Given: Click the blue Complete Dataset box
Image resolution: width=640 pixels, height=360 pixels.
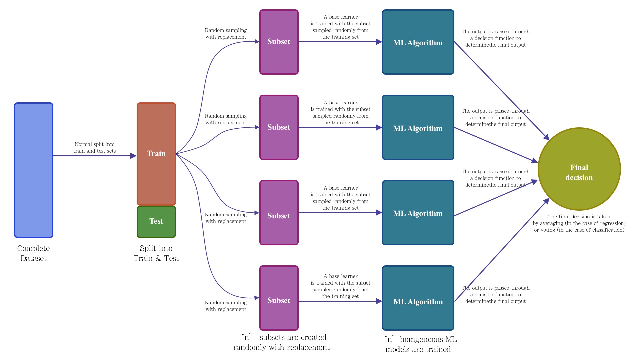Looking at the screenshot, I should (34, 170).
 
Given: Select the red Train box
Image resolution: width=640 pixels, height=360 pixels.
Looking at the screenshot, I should (156, 154).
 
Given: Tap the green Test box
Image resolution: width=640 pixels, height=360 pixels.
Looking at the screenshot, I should (156, 222).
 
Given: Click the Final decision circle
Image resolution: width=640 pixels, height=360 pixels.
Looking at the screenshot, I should (579, 169).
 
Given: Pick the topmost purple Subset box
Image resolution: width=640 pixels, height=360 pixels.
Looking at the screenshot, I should (279, 42).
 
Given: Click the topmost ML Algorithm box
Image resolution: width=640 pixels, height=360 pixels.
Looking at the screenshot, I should (418, 42).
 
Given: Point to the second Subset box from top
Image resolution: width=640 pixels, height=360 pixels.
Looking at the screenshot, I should (279, 127).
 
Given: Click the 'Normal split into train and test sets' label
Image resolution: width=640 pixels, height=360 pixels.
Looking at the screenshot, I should (95, 148).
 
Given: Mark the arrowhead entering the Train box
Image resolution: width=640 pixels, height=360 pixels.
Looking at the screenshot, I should (133, 156).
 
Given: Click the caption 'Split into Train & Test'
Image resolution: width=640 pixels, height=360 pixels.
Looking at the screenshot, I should (156, 253).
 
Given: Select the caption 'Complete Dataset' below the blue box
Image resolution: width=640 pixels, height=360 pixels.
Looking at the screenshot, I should (33, 253).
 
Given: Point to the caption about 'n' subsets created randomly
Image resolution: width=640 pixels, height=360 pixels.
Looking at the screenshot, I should (281, 342).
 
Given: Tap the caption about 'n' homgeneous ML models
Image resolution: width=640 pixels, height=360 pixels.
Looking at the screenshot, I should (420, 344).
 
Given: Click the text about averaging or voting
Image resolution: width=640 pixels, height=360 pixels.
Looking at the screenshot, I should (579, 223).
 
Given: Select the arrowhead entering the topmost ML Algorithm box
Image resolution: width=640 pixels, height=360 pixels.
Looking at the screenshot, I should (379, 42).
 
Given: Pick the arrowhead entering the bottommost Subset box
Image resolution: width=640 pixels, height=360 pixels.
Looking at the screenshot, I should (257, 298).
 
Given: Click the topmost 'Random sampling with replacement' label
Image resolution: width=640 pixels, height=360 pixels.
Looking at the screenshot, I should (226, 34).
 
